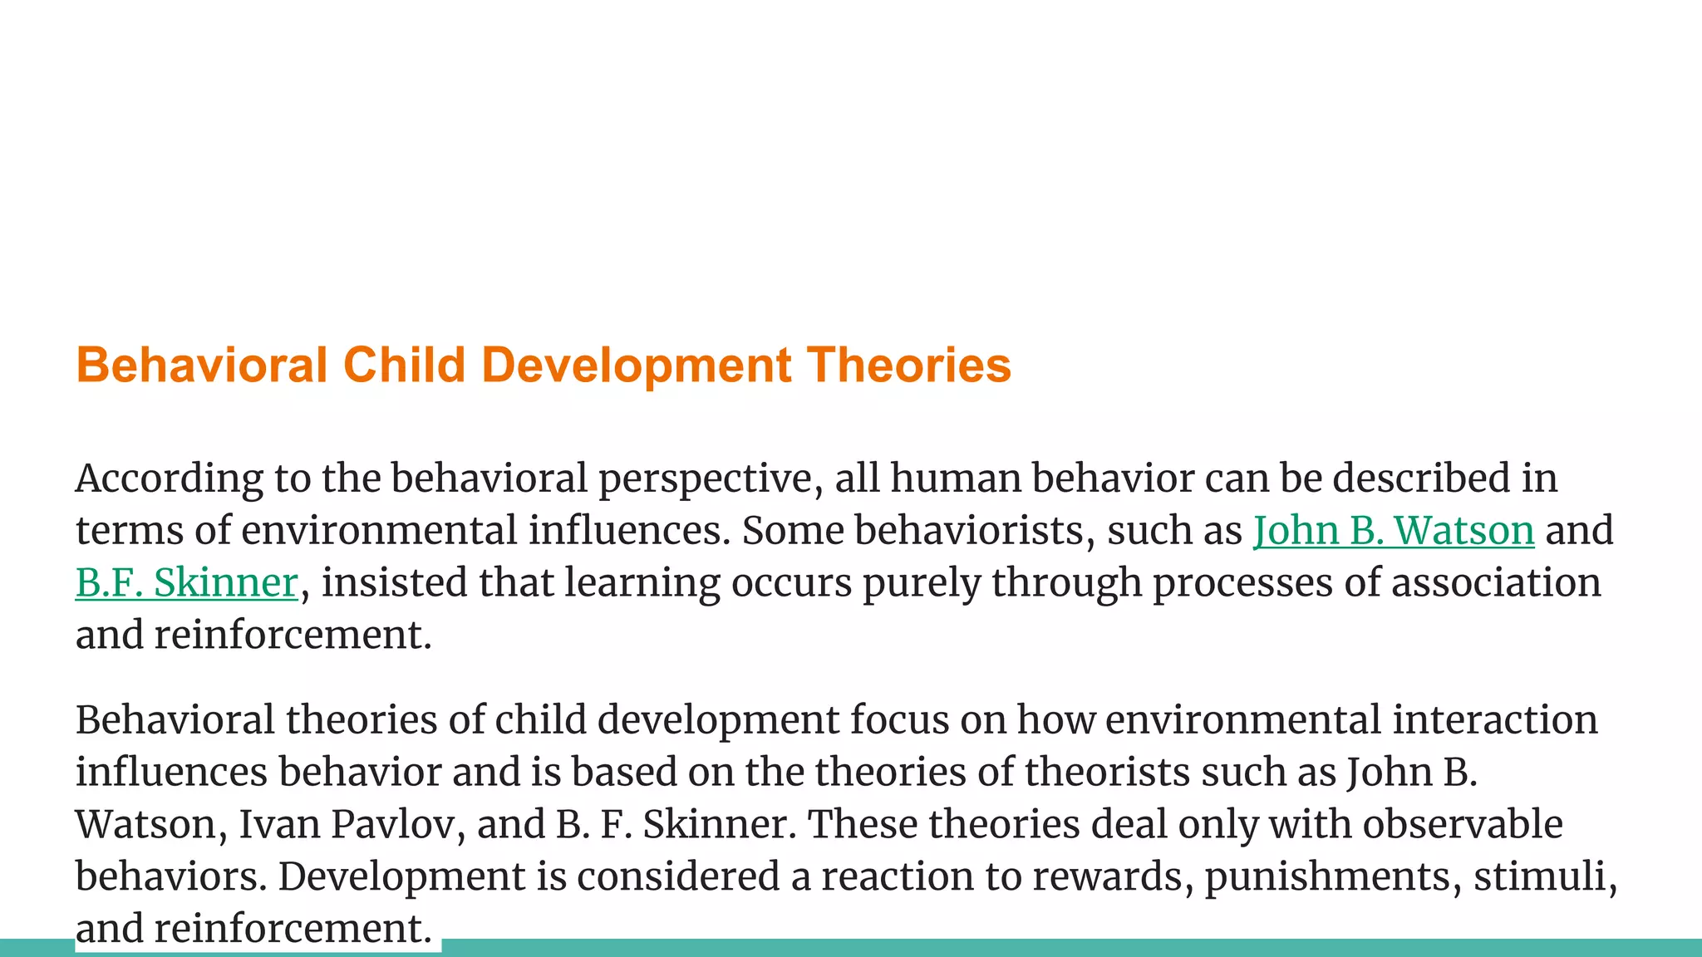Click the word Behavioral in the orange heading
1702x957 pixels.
pyautogui.click(x=201, y=365)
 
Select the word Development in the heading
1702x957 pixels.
pyautogui.click(x=636, y=365)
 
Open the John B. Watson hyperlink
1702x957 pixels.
pyautogui.click(x=1393, y=530)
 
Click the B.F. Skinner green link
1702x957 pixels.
pyautogui.click(x=186, y=582)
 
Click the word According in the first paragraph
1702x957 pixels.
pyautogui.click(x=169, y=478)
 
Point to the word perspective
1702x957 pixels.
pyautogui.click(x=711, y=478)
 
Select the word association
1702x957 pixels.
pyautogui.click(x=1495, y=582)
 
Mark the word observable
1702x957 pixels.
pyautogui.click(x=1462, y=824)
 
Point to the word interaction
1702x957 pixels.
pyautogui.click(x=1494, y=719)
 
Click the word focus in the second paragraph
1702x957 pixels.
pyautogui.click(x=898, y=719)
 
